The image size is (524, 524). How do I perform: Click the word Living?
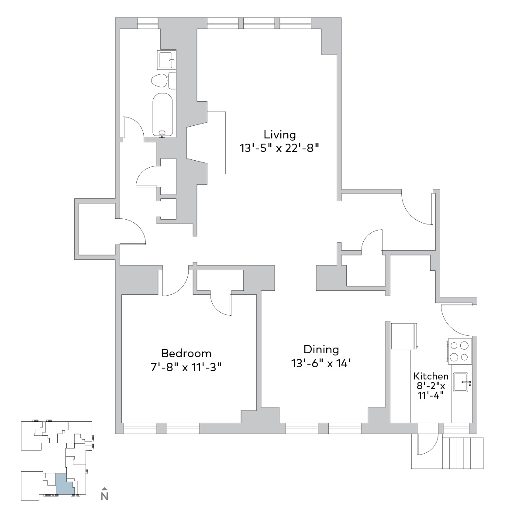(x=279, y=135)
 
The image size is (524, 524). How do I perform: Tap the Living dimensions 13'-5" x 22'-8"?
(x=279, y=148)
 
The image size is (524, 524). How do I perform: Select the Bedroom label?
(x=186, y=354)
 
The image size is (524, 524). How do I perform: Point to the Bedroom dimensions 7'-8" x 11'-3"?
(x=186, y=367)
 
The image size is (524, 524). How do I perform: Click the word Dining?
(x=321, y=350)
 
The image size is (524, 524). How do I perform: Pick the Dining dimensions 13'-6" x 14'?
(x=321, y=363)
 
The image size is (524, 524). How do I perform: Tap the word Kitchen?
(x=431, y=376)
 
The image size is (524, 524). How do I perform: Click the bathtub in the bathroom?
(x=162, y=114)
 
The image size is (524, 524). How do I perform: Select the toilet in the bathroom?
(x=164, y=80)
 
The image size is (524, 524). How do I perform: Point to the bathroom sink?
(x=167, y=60)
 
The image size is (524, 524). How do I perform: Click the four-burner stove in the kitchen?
(x=458, y=351)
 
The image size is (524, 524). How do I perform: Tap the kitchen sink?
(x=461, y=382)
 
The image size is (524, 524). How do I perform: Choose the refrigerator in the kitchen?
(x=404, y=336)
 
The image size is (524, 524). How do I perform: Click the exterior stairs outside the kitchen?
(x=463, y=453)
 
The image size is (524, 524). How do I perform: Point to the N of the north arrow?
(x=104, y=496)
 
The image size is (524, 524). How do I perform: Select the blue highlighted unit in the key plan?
(x=64, y=484)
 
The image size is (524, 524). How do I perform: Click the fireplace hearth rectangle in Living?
(x=217, y=142)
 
